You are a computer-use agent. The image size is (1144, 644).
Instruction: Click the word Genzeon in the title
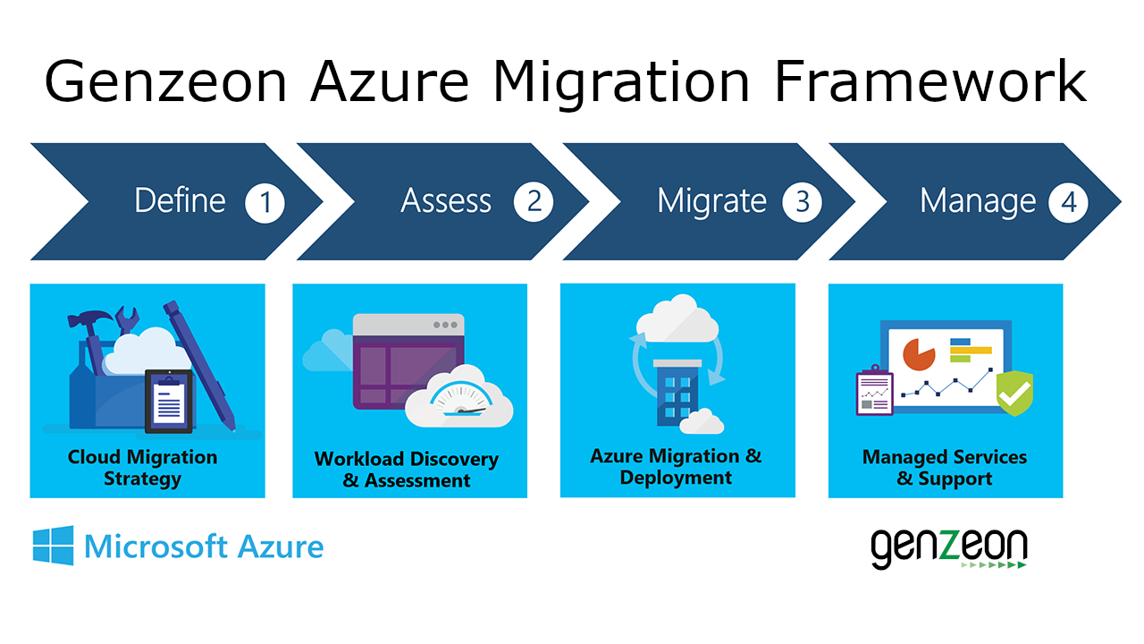(x=166, y=82)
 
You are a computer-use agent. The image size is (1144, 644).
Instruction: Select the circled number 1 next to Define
(x=265, y=203)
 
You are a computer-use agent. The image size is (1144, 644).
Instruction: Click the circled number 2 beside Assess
(x=534, y=202)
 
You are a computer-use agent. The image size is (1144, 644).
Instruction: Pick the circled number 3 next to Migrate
(x=802, y=202)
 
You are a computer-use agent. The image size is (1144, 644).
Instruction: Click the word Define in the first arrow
(x=181, y=201)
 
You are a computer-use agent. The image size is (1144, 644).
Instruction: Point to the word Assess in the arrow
(x=446, y=201)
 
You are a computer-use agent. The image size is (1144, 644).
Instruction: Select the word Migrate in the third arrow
(x=711, y=201)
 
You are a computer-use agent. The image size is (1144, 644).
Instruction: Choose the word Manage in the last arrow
(x=978, y=201)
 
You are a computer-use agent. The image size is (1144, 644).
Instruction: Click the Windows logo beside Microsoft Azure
(x=54, y=546)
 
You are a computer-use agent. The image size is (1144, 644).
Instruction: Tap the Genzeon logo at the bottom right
(x=948, y=548)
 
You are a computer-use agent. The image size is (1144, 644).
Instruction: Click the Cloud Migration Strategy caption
(x=143, y=468)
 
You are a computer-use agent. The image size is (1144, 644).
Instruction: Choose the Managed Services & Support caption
(x=945, y=468)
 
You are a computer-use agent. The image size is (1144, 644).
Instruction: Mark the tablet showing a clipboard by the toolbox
(x=168, y=398)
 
